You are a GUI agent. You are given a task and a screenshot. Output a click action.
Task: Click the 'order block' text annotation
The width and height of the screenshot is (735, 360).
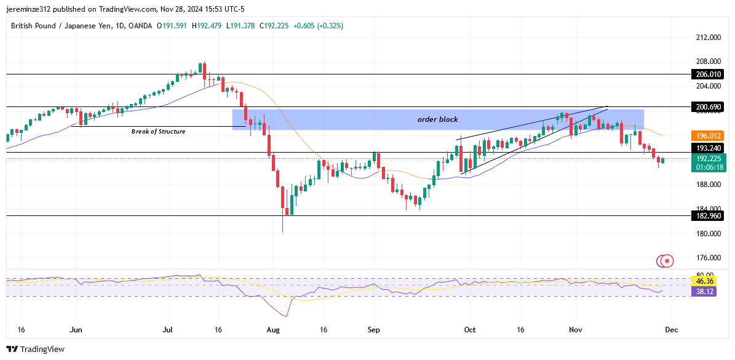point(437,119)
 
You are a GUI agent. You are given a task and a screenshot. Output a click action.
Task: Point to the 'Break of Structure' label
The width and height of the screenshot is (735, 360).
point(158,132)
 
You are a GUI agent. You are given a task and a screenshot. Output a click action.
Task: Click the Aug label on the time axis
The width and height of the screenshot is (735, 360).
point(274,330)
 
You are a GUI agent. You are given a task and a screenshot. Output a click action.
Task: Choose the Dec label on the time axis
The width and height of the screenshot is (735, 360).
point(672,330)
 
